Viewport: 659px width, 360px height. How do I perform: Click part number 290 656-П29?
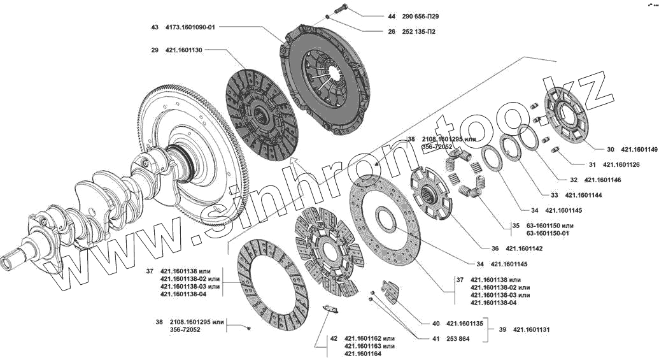pos(420,16)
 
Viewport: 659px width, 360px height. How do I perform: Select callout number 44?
pos(391,16)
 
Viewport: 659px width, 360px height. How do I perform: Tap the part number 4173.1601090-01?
pos(190,27)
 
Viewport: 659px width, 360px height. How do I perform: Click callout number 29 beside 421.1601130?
pos(155,50)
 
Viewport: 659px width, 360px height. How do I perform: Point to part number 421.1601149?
pos(639,150)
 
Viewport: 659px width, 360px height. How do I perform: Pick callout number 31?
pos(592,164)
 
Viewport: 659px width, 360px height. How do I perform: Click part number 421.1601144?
pos(583,195)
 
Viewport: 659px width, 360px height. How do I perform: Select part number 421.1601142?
pos(524,248)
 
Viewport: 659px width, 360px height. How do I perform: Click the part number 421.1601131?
pos(530,330)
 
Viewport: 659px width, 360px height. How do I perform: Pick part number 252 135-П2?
pos(420,31)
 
